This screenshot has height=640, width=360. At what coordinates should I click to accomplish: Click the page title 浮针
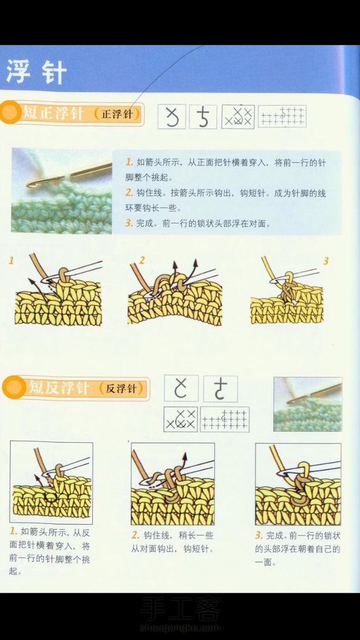[x=36, y=73]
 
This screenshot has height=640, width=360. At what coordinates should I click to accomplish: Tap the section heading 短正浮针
[x=53, y=113]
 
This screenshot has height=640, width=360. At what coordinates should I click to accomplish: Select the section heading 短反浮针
[x=58, y=388]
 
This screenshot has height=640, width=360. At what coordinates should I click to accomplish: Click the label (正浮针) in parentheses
[x=117, y=114]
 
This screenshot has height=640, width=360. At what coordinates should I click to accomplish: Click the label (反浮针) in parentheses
[x=122, y=389]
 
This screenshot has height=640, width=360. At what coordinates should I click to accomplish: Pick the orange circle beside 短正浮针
[x=10, y=112]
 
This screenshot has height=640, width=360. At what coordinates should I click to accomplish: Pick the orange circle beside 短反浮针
[x=14, y=388]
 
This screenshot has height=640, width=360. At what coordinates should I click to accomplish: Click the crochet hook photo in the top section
[x=62, y=190]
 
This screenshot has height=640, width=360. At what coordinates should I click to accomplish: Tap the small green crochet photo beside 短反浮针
[x=308, y=404]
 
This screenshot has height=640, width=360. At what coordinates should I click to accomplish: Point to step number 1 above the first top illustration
[x=12, y=260]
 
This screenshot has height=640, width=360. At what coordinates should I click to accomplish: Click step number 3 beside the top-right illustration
[x=325, y=261]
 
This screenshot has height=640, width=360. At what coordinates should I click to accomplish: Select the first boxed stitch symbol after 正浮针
[x=172, y=116]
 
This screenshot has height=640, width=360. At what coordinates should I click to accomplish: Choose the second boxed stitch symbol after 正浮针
[x=203, y=116]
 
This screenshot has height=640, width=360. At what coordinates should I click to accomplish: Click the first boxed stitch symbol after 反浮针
[x=182, y=388]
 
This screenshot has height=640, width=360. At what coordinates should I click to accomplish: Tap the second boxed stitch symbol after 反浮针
[x=220, y=388]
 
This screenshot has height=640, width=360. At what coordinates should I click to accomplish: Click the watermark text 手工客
[x=180, y=608]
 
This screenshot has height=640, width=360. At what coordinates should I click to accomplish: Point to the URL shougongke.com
[x=180, y=628]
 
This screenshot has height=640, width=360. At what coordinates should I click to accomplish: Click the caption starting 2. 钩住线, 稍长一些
[x=172, y=542]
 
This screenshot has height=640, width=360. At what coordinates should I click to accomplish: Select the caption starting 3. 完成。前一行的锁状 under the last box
[x=298, y=549]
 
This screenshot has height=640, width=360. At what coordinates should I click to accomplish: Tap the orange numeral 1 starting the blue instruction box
[x=129, y=163]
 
